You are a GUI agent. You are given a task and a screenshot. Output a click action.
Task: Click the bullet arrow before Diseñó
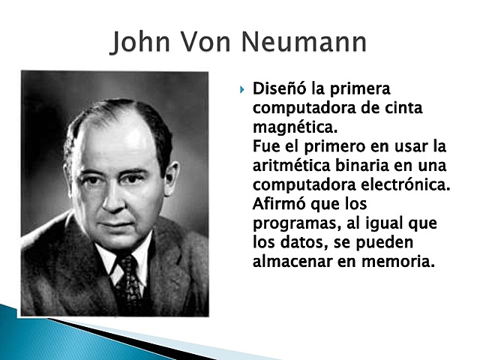(x=242, y=90)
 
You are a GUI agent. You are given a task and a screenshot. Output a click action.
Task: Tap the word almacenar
(x=292, y=262)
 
